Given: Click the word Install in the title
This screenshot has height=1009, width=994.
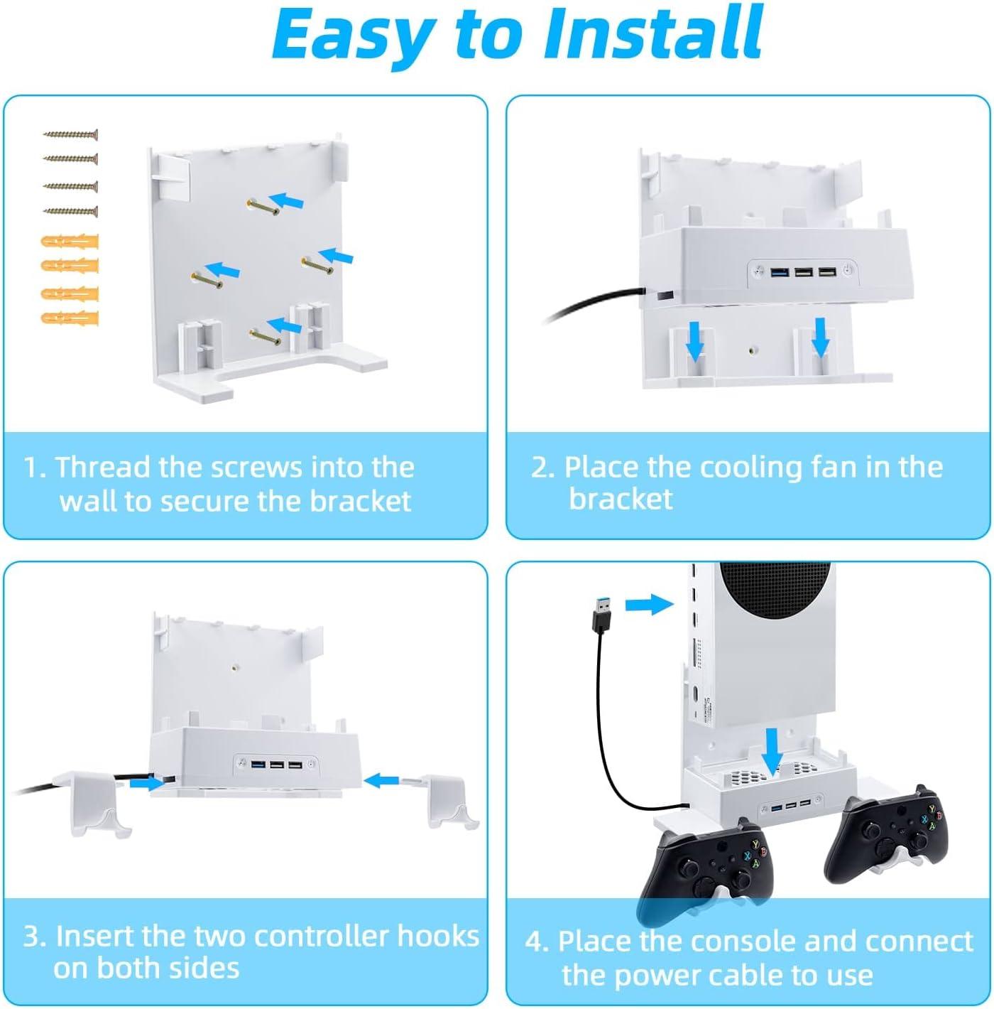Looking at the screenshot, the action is coord(652,35).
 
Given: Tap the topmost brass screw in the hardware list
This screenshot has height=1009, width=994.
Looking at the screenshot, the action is coord(71,135).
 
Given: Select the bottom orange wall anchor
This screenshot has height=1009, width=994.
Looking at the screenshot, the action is coord(70,318).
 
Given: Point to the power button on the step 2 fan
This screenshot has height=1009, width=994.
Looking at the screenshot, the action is coord(848,271).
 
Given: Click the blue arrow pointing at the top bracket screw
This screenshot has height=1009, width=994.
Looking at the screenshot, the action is coord(286,200).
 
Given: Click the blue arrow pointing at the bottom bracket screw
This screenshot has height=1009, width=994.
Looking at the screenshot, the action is coord(284,325).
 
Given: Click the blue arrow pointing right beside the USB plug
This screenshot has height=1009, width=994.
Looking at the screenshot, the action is coord(649,605).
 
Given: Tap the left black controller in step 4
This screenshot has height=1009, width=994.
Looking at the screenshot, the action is coord(707,873).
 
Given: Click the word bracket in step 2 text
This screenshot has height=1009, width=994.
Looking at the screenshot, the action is coord(621,499).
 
